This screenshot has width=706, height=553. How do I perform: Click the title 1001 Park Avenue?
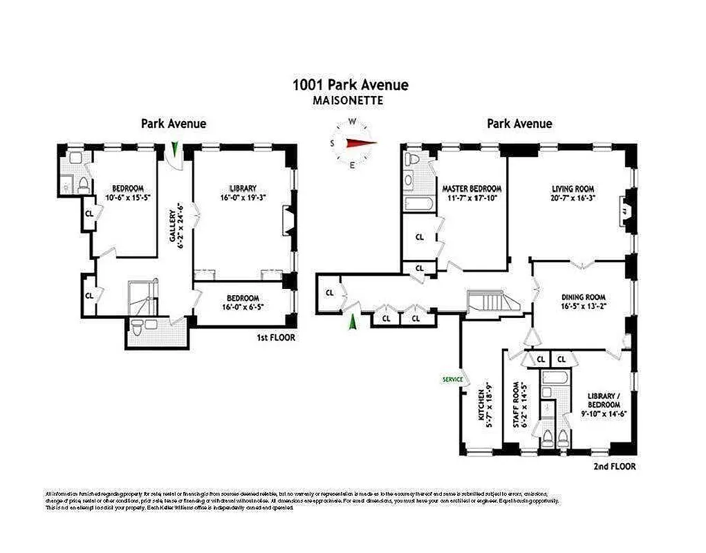[x=350, y=85]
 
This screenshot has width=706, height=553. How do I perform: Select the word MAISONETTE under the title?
[x=349, y=100]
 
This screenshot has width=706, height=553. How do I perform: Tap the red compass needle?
[x=361, y=143]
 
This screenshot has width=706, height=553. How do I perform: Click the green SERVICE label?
[x=452, y=379]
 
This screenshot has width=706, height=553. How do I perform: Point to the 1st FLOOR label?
[x=275, y=338]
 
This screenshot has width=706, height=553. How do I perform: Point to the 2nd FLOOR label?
[x=614, y=467]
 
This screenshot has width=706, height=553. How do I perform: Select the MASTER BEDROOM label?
[x=472, y=188]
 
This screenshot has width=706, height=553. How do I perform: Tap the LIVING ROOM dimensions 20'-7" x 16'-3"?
[x=573, y=198]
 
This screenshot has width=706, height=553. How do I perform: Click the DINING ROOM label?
[x=583, y=298]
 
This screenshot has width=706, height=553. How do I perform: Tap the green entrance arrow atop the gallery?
[x=176, y=149]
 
